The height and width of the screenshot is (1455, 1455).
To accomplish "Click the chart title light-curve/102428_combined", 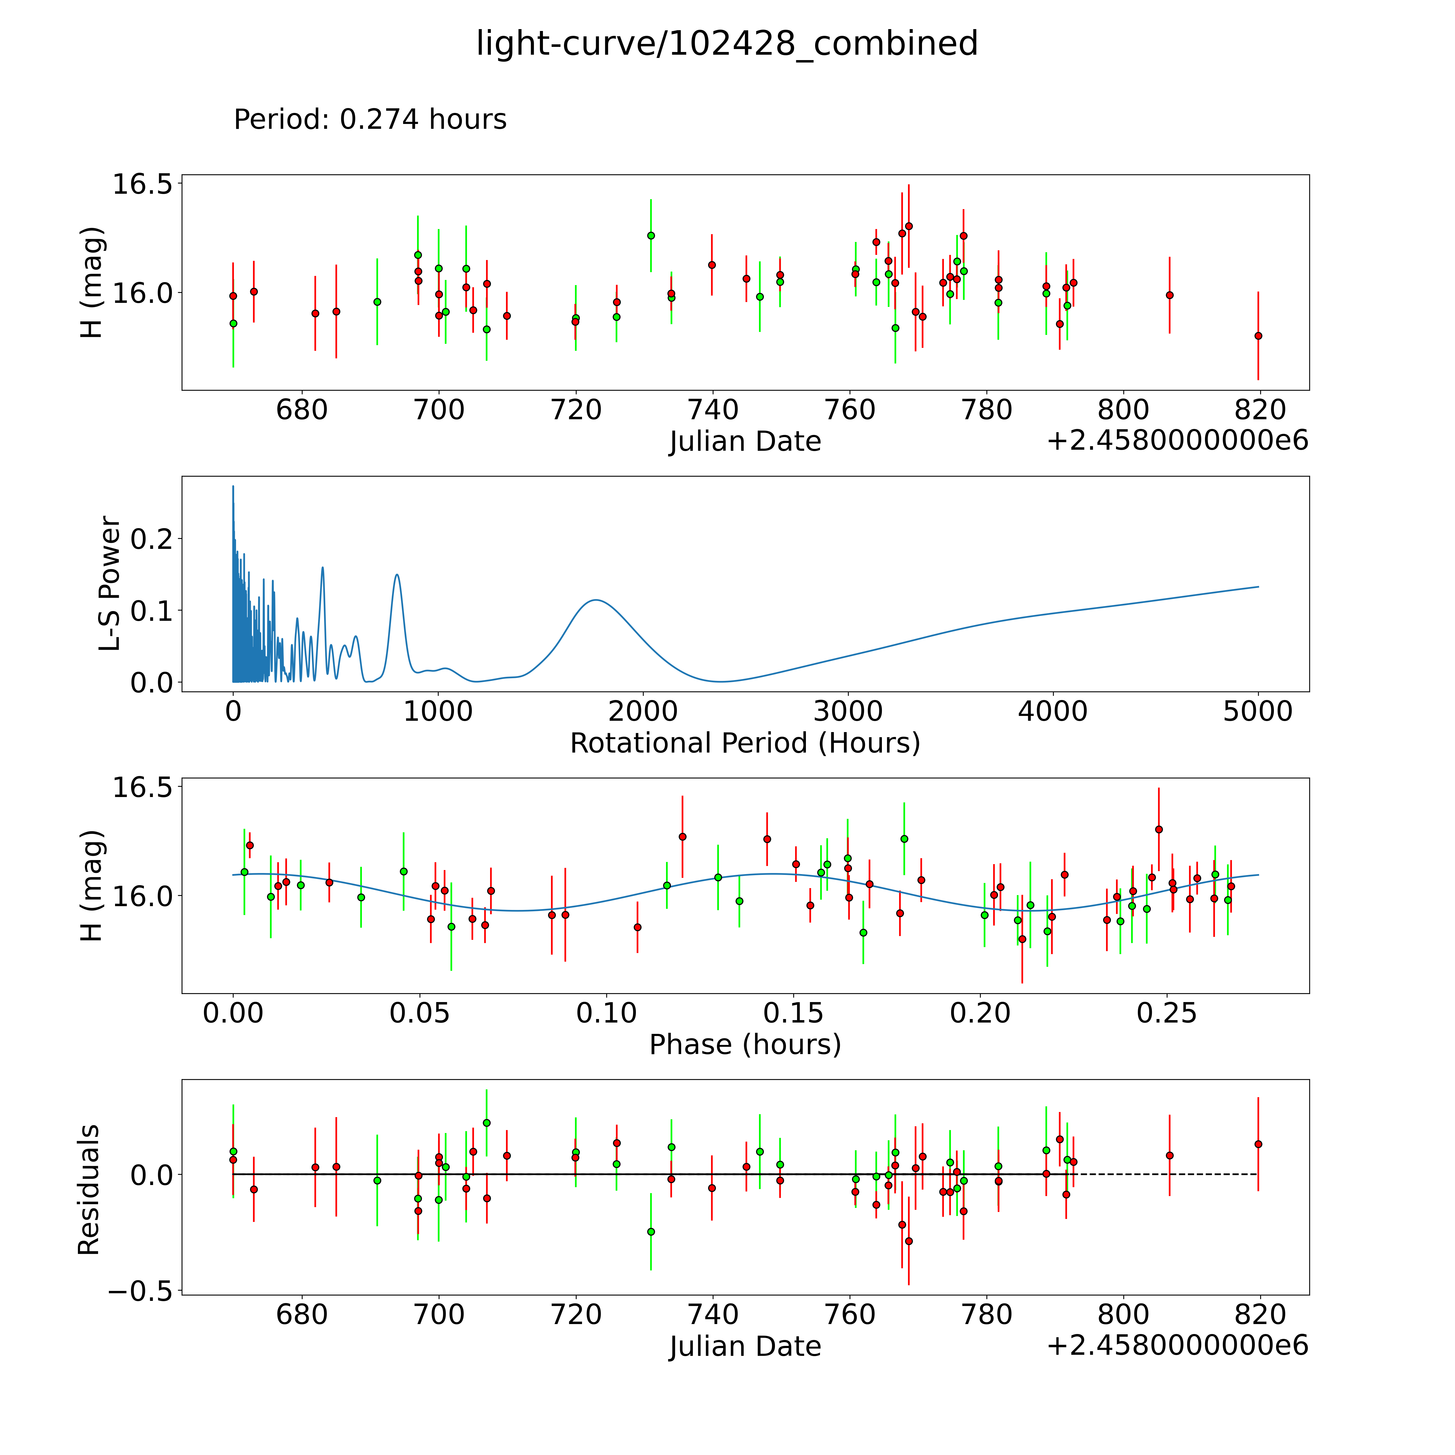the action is [x=727, y=44].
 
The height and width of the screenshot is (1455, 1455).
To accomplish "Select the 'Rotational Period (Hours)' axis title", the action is [x=745, y=743].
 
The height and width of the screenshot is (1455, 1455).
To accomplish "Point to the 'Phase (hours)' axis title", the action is [x=745, y=1045].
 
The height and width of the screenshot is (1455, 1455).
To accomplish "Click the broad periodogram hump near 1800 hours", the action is [x=596, y=600].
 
